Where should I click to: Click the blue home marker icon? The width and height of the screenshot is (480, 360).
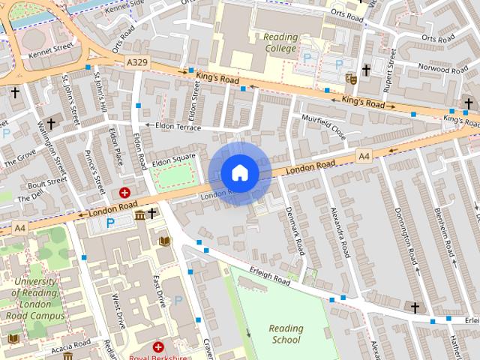point(239,173)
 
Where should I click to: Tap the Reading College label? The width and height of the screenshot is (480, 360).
point(280,43)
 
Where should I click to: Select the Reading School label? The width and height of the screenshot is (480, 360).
point(286,334)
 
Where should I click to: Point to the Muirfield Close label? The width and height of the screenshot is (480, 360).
point(323,125)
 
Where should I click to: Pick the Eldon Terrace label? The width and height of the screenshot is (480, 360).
point(178,126)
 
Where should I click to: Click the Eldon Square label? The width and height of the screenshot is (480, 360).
point(173,160)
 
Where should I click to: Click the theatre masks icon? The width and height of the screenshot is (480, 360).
point(350,76)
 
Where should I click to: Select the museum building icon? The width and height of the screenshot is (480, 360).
point(139,217)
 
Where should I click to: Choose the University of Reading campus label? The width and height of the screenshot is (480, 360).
point(35,298)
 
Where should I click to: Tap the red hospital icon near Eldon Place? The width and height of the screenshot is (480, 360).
point(124,193)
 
